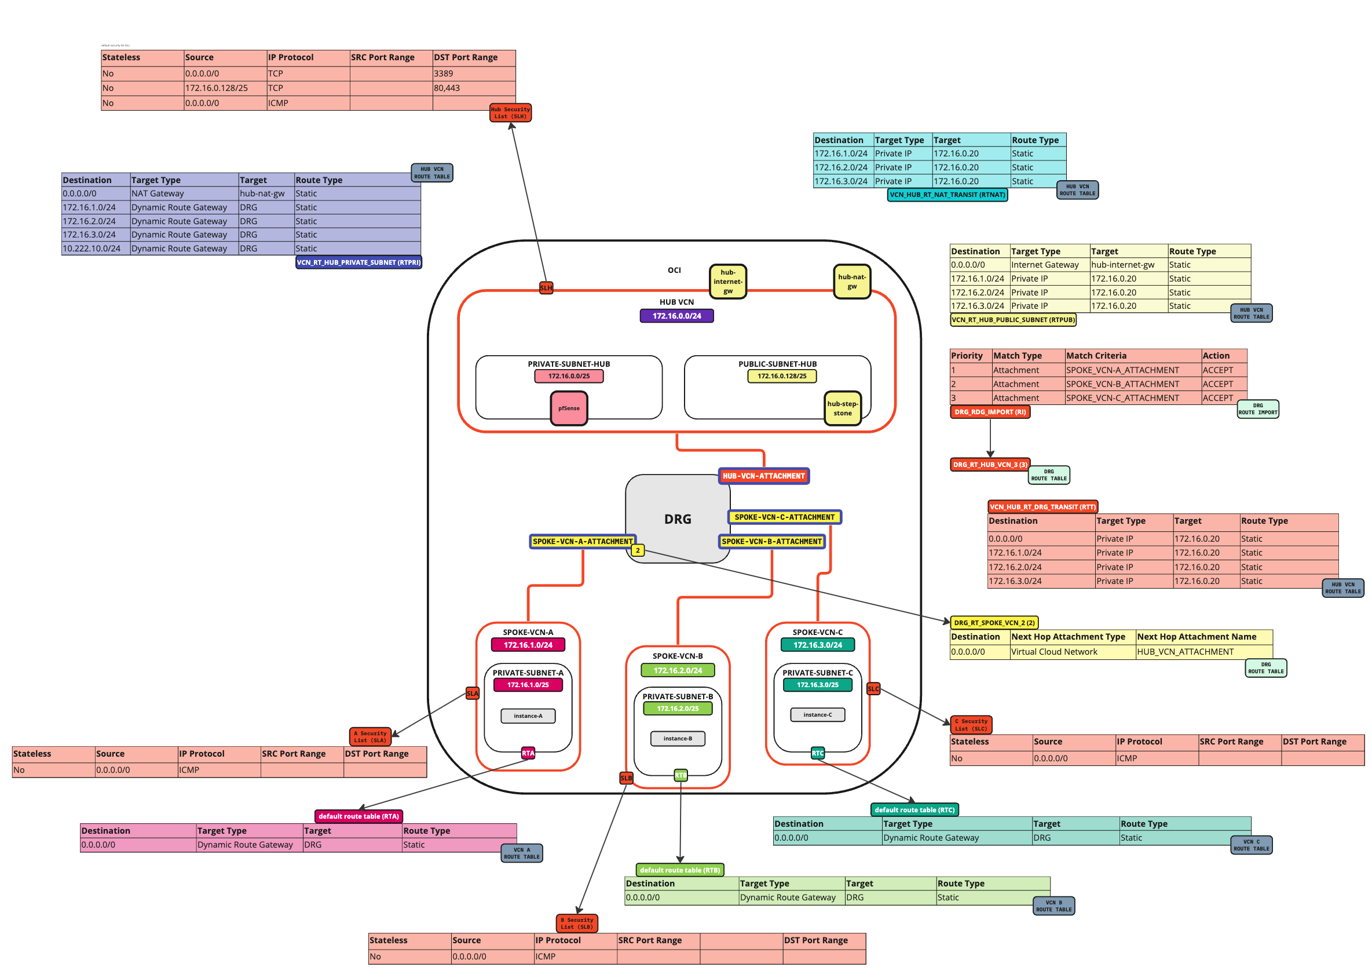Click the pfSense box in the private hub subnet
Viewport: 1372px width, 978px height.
coord(568,408)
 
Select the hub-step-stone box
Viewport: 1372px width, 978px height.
coord(842,408)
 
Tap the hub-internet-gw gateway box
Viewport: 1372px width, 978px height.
coord(727,281)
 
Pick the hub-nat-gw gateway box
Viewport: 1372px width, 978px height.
coord(851,281)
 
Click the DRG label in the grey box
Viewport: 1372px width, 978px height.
coord(677,519)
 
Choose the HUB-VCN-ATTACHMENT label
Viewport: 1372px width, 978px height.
coord(763,476)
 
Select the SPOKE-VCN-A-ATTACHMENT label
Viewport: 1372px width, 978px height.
coord(582,541)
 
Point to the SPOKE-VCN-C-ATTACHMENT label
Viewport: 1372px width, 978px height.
coord(784,517)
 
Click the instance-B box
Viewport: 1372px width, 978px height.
coord(677,738)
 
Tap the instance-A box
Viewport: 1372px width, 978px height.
coord(528,716)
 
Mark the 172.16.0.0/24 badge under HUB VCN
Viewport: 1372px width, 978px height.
coord(676,316)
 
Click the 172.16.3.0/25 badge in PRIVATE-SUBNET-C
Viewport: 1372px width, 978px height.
coord(817,685)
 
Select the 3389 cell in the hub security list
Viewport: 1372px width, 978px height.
coord(443,74)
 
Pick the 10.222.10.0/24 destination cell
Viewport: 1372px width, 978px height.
coord(92,248)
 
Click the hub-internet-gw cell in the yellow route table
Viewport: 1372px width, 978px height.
coord(1122,265)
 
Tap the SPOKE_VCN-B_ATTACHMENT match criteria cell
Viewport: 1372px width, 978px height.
coord(1122,384)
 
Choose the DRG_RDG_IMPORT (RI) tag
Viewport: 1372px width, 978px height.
coord(989,412)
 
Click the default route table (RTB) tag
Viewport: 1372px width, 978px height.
coord(679,870)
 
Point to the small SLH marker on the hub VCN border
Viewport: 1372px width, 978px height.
coord(546,288)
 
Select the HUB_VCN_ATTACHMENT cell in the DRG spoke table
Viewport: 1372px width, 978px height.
coord(1185,652)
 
